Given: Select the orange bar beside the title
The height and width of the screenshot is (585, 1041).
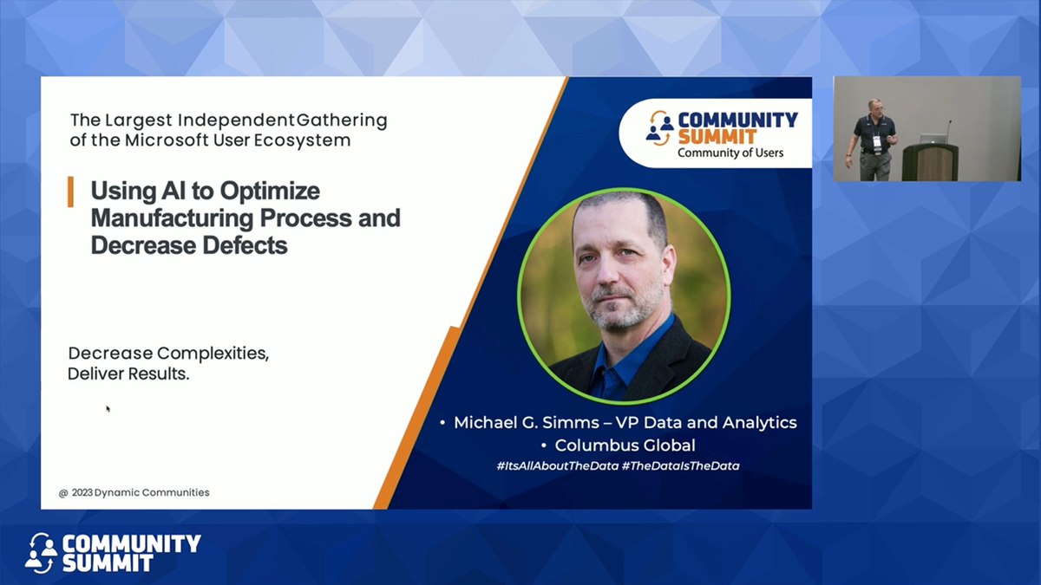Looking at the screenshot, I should pos(70,192).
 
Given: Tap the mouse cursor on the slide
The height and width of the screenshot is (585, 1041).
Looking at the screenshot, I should pos(108,408).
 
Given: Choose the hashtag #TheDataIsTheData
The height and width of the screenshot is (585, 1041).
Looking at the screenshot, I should pos(680,466).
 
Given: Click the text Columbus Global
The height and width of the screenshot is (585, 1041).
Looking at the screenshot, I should pos(625,445).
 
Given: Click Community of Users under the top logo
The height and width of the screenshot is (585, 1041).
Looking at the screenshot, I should pos(730,153).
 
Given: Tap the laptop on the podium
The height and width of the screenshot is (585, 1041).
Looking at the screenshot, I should pos(931,138).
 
